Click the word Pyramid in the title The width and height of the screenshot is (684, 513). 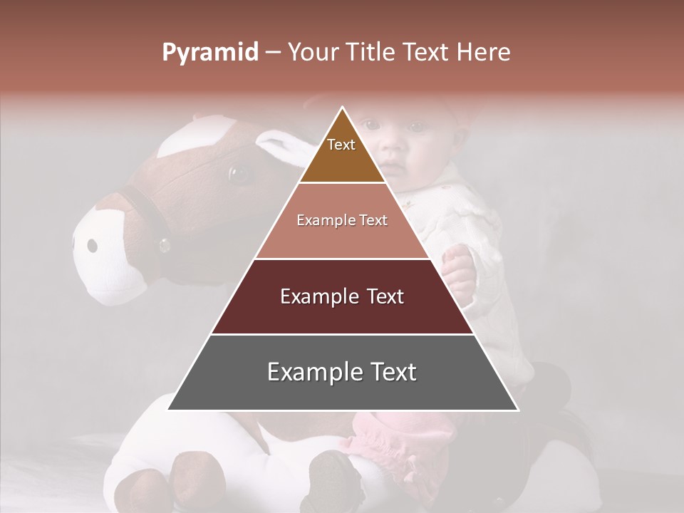[x=210, y=53]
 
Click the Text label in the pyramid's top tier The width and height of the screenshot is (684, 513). [x=341, y=145]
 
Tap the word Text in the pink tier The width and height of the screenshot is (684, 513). [x=374, y=220]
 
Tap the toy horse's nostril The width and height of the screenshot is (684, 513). [x=92, y=246]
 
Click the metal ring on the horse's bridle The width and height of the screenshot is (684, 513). [x=165, y=246]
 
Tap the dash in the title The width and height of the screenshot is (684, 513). [x=273, y=53]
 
